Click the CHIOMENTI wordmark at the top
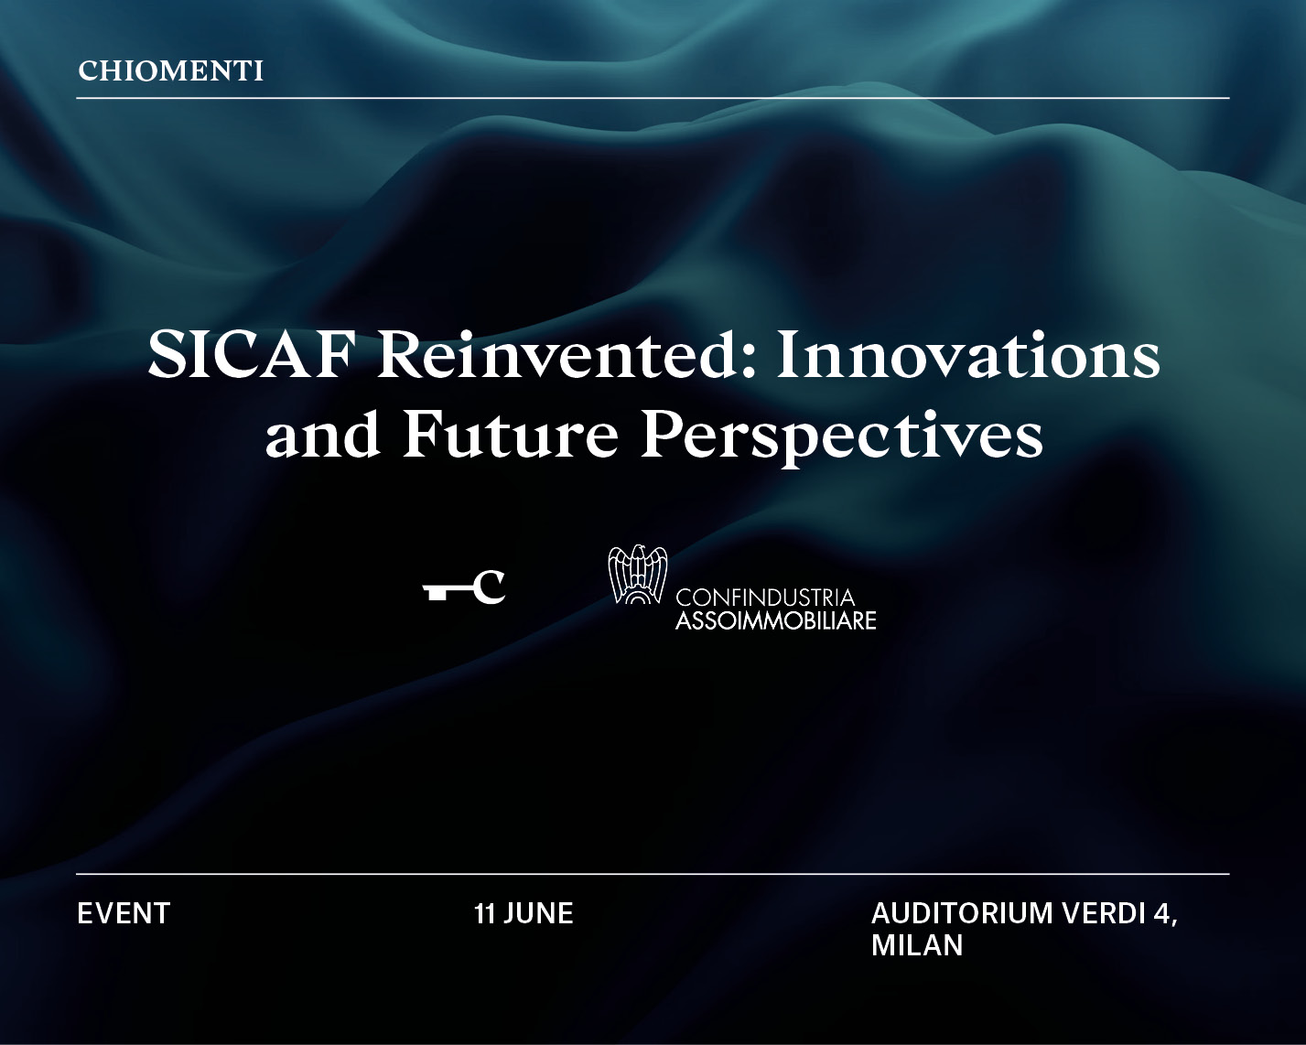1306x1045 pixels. pos(170,71)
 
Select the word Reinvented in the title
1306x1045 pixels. pos(557,355)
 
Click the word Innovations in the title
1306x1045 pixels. pos(968,355)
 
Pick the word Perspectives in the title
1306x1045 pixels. pos(842,436)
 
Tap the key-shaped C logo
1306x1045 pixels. pos(464,587)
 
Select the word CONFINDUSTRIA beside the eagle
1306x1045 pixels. pos(765,598)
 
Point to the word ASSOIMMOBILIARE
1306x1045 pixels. pos(775,620)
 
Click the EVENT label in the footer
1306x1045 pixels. pos(124,913)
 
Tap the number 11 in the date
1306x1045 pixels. pos(485,913)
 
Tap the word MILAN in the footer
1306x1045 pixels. pos(917,945)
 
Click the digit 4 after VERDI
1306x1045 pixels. pos(1163,912)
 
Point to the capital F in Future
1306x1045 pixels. pos(423,434)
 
